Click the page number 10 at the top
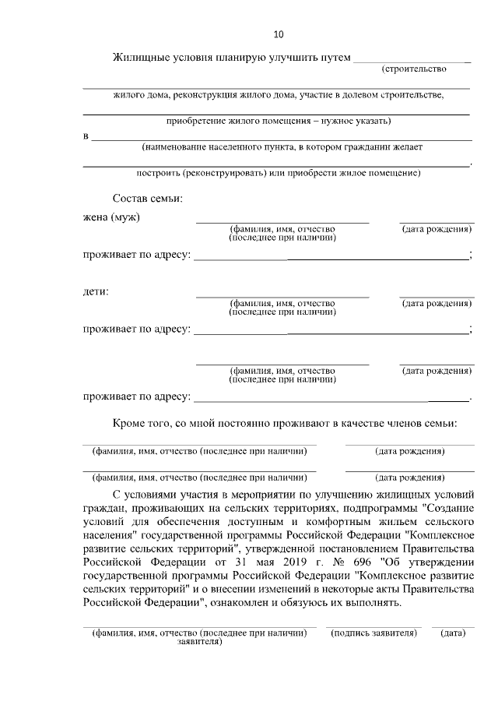[x=279, y=33]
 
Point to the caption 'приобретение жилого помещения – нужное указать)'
[x=278, y=121]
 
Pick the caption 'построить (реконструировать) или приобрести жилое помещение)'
[x=278, y=172]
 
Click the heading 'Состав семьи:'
[x=147, y=199]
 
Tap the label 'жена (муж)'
[x=111, y=217]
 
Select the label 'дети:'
[x=96, y=292]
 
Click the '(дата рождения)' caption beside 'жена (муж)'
[x=437, y=229]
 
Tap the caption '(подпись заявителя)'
[x=374, y=633]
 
